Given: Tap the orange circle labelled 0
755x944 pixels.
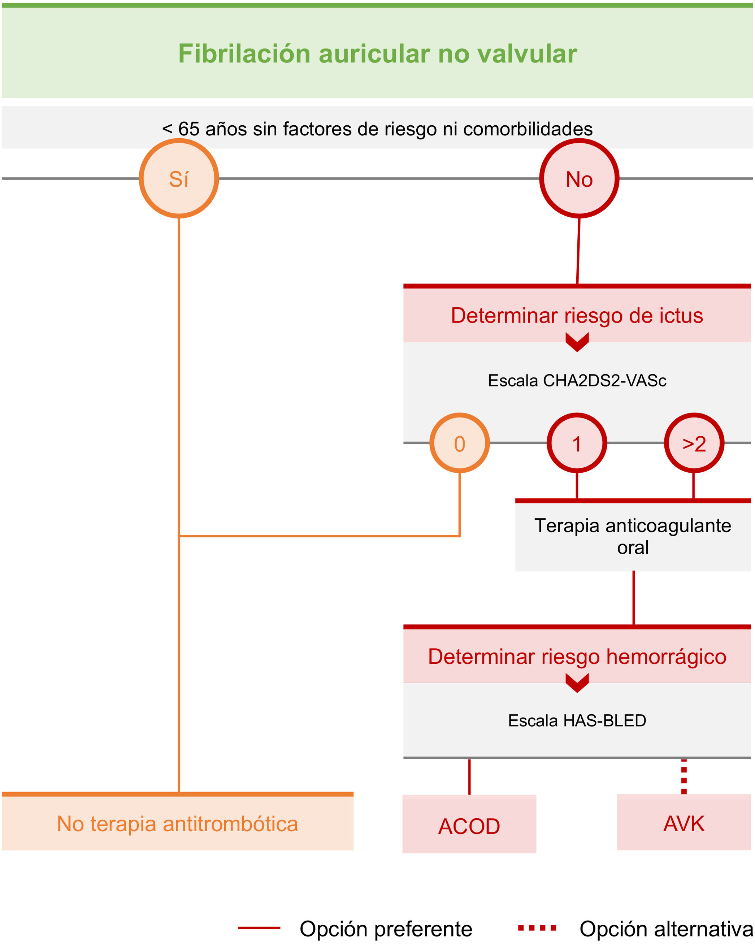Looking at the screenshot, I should pyautogui.click(x=459, y=443).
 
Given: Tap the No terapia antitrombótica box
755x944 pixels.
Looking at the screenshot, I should pyautogui.click(x=177, y=823).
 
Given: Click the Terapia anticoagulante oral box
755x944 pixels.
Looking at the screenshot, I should pyautogui.click(x=633, y=536).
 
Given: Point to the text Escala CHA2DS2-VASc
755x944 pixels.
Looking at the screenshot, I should pyautogui.click(x=577, y=380).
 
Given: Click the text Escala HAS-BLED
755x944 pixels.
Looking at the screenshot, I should pyautogui.click(x=577, y=720).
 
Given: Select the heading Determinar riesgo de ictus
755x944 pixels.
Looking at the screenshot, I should pyautogui.click(x=577, y=315).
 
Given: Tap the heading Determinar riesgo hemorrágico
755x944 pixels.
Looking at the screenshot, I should pyautogui.click(x=577, y=656).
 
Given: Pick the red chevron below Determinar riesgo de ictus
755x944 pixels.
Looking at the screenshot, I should pyautogui.click(x=577, y=342).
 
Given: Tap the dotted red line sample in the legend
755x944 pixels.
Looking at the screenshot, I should pyautogui.click(x=537, y=927).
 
